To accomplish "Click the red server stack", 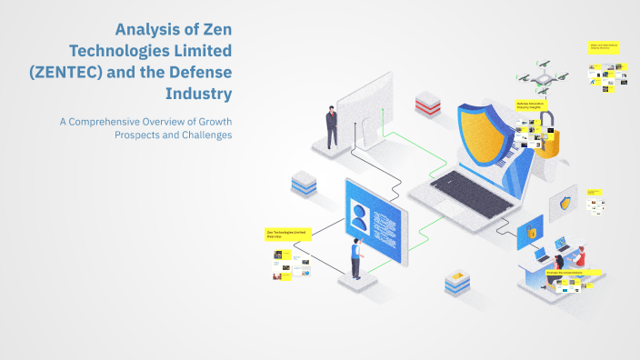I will (x=427, y=102).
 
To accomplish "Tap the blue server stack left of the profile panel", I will (x=303, y=184).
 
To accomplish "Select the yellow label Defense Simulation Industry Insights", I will (x=529, y=106).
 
